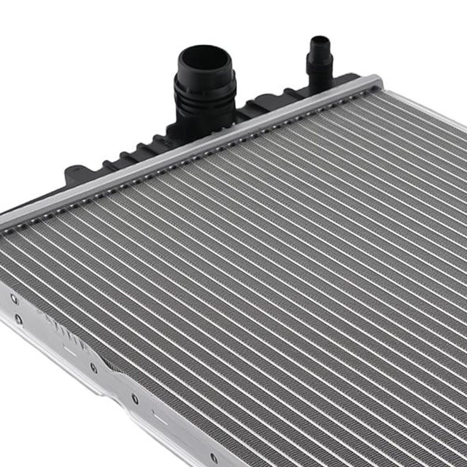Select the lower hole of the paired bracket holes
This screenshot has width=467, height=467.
tap(19, 319)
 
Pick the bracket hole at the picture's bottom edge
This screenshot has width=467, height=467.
tap(213, 458)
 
